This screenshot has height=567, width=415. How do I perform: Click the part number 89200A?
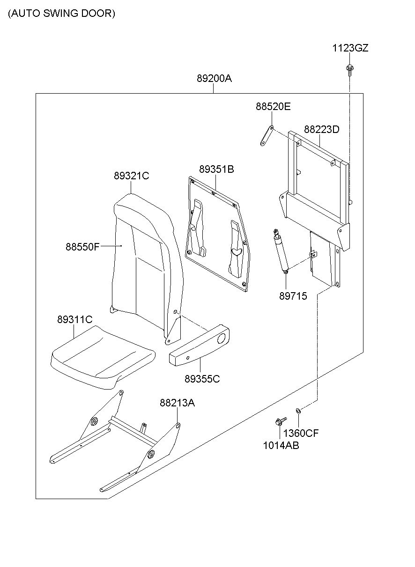coord(214,79)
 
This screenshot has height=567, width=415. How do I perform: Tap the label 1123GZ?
coord(350,48)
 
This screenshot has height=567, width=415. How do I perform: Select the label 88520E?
coord(273,107)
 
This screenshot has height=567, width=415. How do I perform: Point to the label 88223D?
coord(322,129)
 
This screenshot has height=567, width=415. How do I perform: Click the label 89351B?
coord(216,169)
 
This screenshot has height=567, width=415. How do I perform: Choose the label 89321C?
coord(132,176)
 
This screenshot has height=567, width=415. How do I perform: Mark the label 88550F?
coord(82,247)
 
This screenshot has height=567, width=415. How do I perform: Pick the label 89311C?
coord(74,319)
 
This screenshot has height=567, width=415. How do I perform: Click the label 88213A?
coord(177,403)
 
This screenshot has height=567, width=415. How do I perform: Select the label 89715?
coord(293,296)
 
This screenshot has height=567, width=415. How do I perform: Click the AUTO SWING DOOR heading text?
coord(61,13)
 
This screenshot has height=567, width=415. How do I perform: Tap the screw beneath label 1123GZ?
coord(350,70)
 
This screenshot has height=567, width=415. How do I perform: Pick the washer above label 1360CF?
coord(298,411)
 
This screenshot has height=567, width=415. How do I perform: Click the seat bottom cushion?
coord(103,357)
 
